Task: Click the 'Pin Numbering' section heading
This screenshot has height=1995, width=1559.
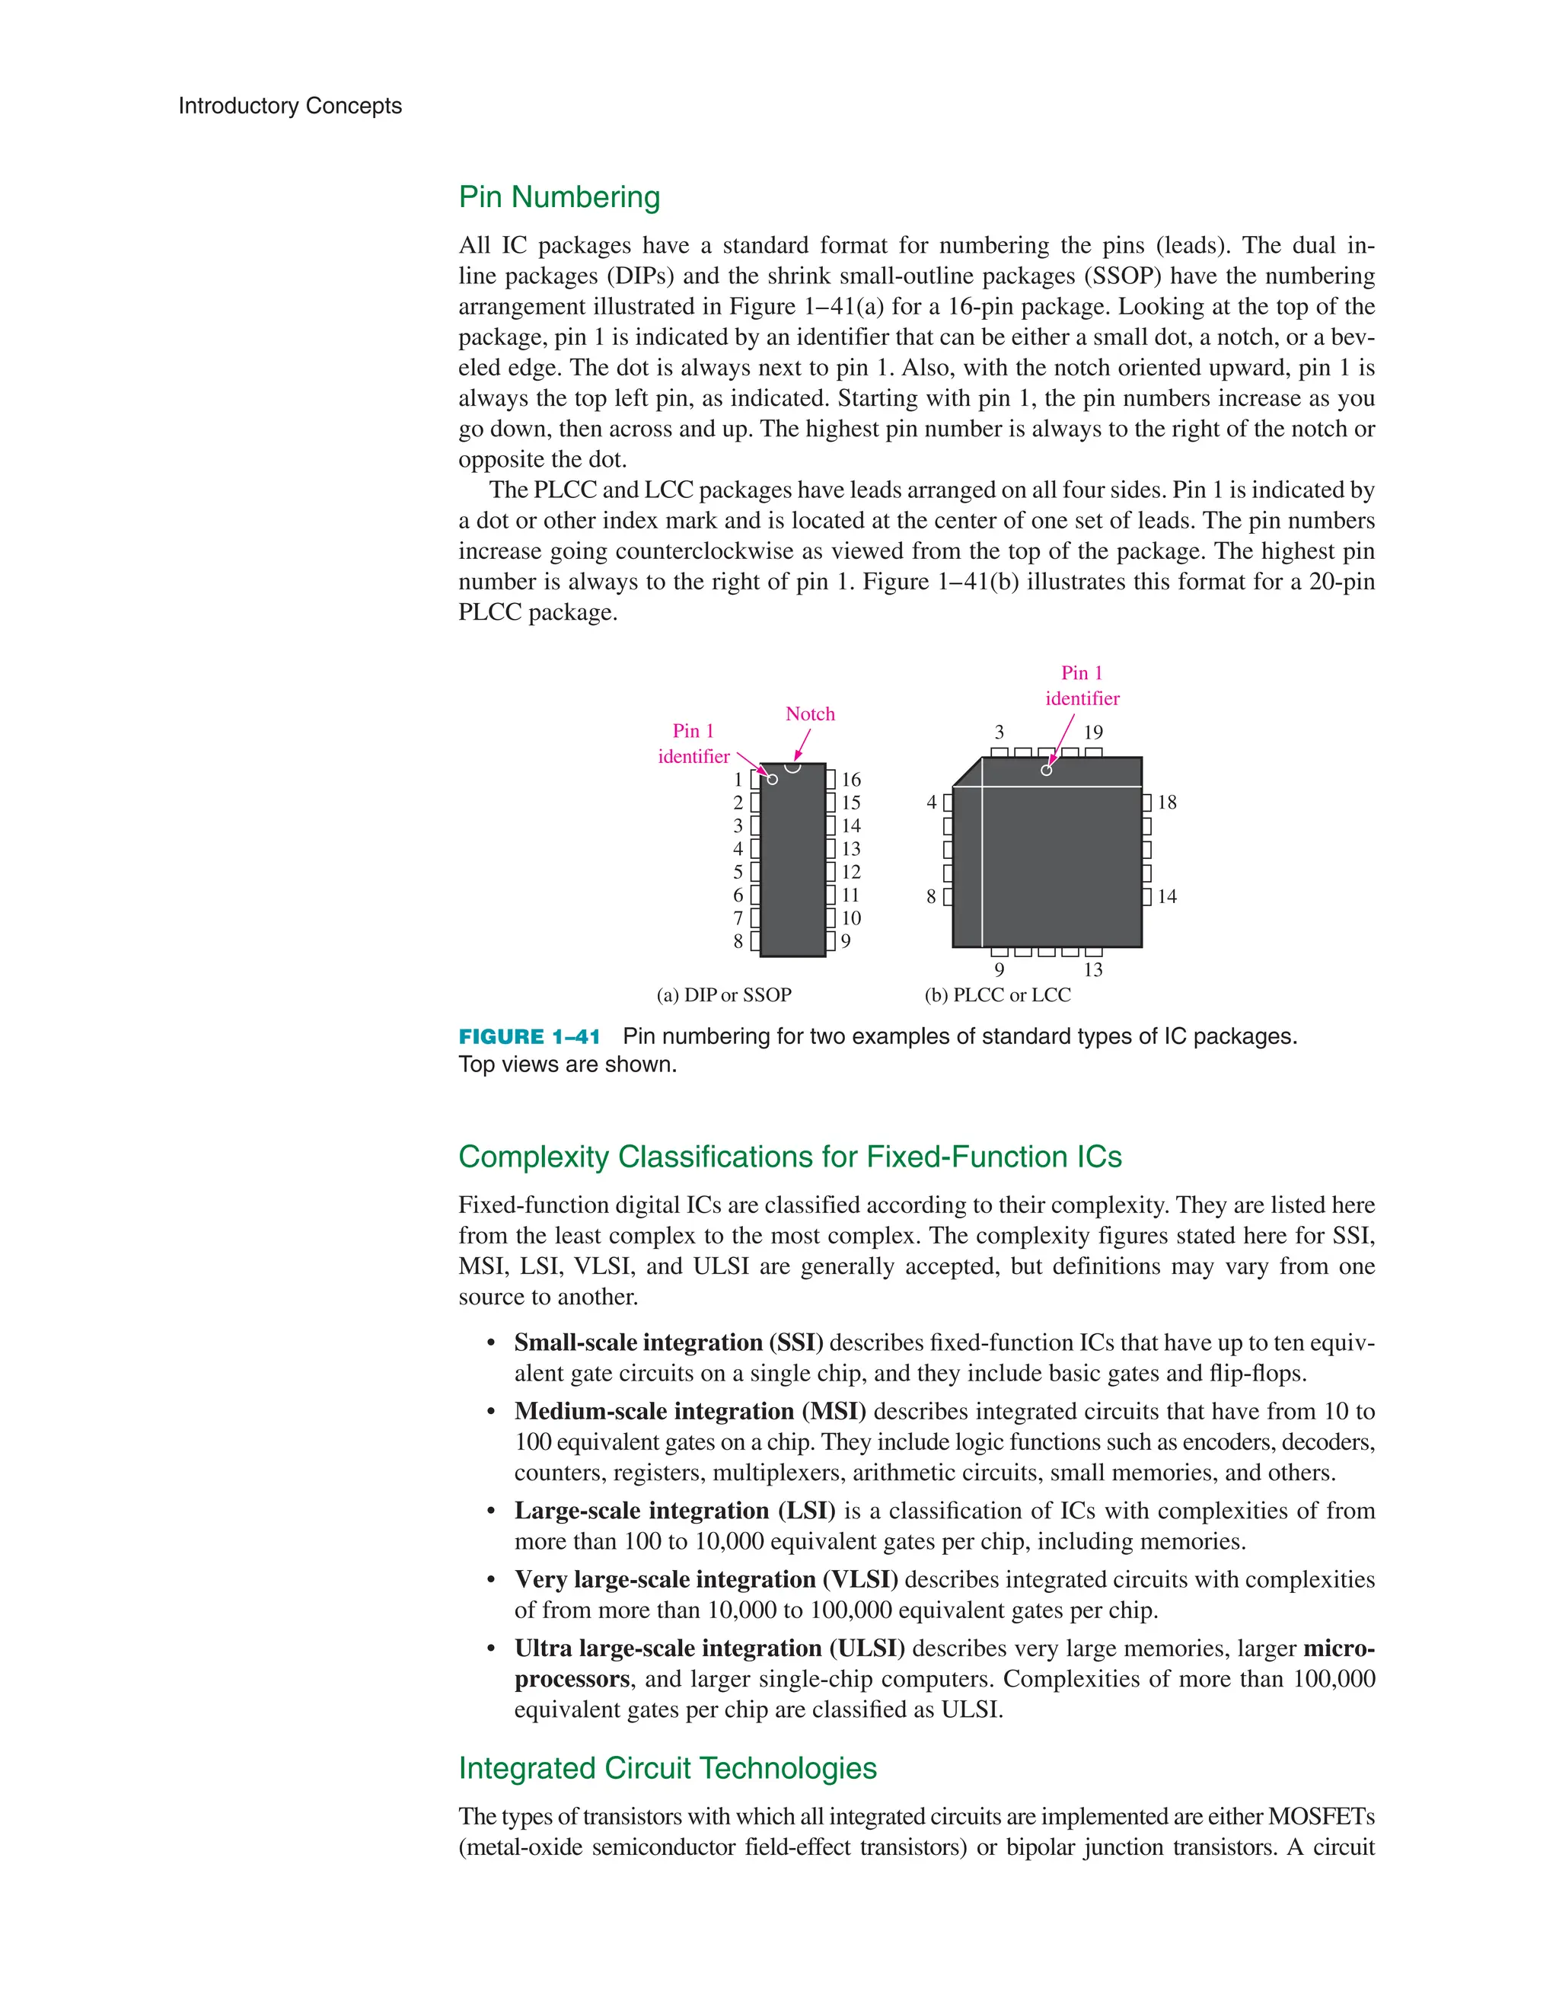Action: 559,197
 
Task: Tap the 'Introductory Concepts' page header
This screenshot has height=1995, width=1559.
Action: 289,106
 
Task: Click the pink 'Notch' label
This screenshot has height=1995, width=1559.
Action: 810,714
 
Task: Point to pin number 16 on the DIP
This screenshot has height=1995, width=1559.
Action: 851,779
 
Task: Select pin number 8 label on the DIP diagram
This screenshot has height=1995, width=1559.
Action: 738,941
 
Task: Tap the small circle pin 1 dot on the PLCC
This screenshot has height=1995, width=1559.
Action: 1047,770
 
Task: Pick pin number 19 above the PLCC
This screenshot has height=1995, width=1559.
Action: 1093,733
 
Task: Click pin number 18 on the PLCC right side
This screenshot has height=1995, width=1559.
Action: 1167,803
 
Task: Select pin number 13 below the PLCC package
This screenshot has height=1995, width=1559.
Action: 1093,970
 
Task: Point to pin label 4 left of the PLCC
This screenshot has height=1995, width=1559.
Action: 932,803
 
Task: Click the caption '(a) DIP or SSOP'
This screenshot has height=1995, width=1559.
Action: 724,994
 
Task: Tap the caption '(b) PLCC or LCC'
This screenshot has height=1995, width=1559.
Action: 997,994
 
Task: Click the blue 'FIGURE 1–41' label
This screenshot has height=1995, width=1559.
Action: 530,1037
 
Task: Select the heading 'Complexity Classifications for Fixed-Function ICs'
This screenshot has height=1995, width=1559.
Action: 790,1157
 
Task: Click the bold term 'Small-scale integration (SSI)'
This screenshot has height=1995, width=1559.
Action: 668,1342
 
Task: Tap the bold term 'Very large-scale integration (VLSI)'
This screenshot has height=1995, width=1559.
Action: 706,1579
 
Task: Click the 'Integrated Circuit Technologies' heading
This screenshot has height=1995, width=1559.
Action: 668,1768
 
